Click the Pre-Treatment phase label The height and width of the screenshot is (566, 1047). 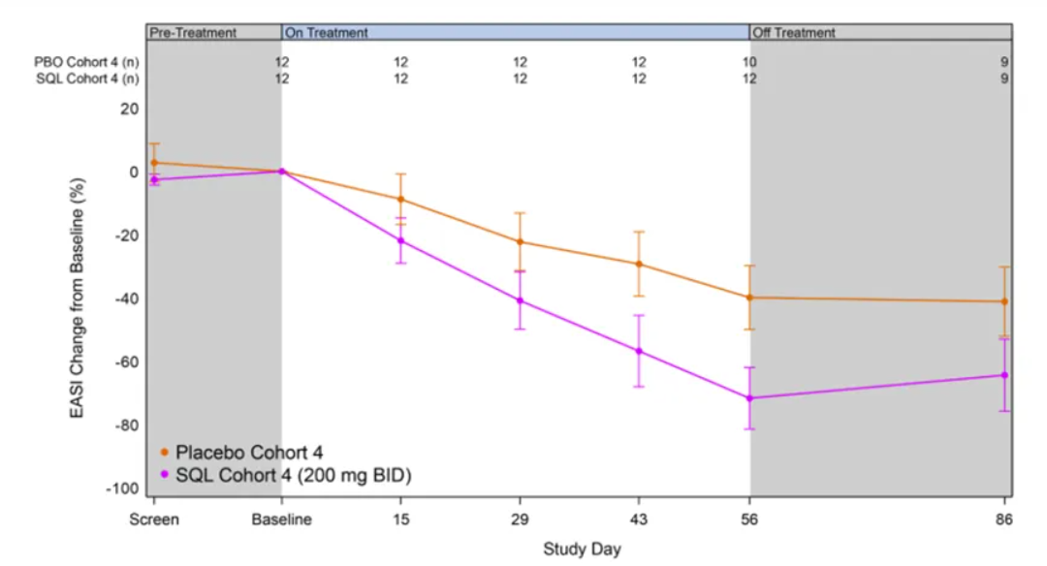click(193, 33)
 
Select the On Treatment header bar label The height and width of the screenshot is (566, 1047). click(326, 33)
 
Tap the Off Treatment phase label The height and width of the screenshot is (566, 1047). click(794, 33)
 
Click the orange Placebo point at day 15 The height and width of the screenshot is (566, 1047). click(400, 200)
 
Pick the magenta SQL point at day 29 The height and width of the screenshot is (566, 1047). click(520, 300)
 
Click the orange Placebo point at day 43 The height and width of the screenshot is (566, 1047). click(639, 264)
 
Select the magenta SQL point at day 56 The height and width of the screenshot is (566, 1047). click(749, 398)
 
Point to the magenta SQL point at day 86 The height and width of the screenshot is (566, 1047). click(1004, 375)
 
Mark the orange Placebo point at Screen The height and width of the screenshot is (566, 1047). click(154, 163)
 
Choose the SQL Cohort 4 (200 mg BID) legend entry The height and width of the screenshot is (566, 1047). click(286, 475)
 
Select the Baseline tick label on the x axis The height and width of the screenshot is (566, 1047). click(281, 520)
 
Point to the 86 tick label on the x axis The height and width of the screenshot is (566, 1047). click(1004, 520)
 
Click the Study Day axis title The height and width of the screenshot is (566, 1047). click(582, 550)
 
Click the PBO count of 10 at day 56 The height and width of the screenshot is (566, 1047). click(749, 62)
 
